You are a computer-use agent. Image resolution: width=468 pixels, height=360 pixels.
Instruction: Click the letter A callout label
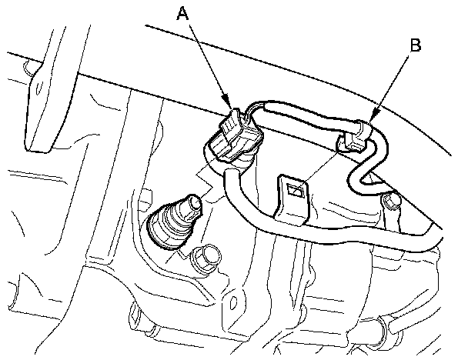[183, 12]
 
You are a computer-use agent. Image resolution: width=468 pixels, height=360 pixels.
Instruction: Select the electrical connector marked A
[232, 136]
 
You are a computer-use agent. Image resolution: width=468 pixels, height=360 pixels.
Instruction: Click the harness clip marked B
[356, 138]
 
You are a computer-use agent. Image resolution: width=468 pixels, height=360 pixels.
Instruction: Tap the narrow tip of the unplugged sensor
[192, 204]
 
